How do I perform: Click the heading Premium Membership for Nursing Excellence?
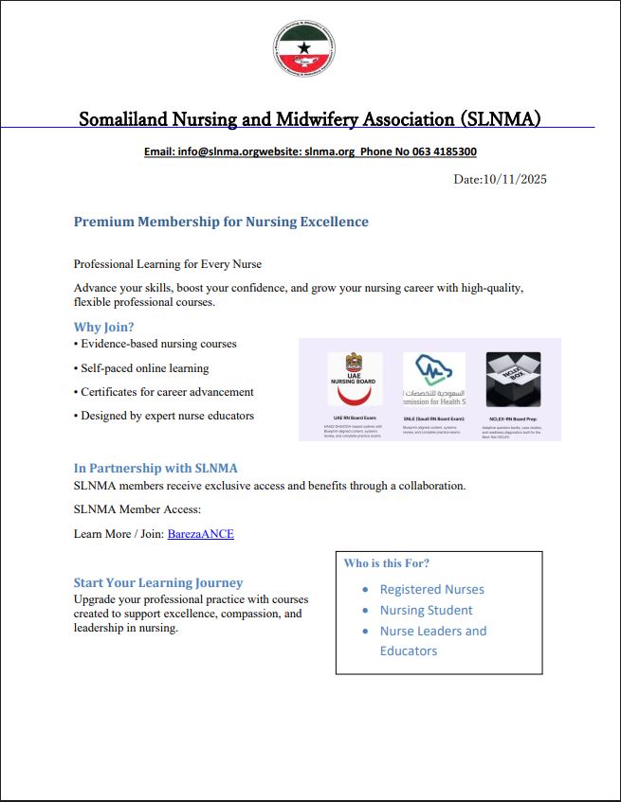pos(221,222)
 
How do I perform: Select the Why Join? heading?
pos(104,328)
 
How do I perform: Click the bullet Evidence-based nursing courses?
pos(156,344)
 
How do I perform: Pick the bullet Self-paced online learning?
pos(143,367)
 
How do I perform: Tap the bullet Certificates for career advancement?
pos(165,391)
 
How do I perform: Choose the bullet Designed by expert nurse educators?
pos(165,415)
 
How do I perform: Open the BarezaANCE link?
pos(201,534)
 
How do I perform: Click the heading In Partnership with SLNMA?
pos(155,468)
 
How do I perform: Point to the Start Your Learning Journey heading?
pos(158,582)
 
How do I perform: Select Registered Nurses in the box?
pos(432,589)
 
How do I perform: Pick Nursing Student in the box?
pos(427,610)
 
